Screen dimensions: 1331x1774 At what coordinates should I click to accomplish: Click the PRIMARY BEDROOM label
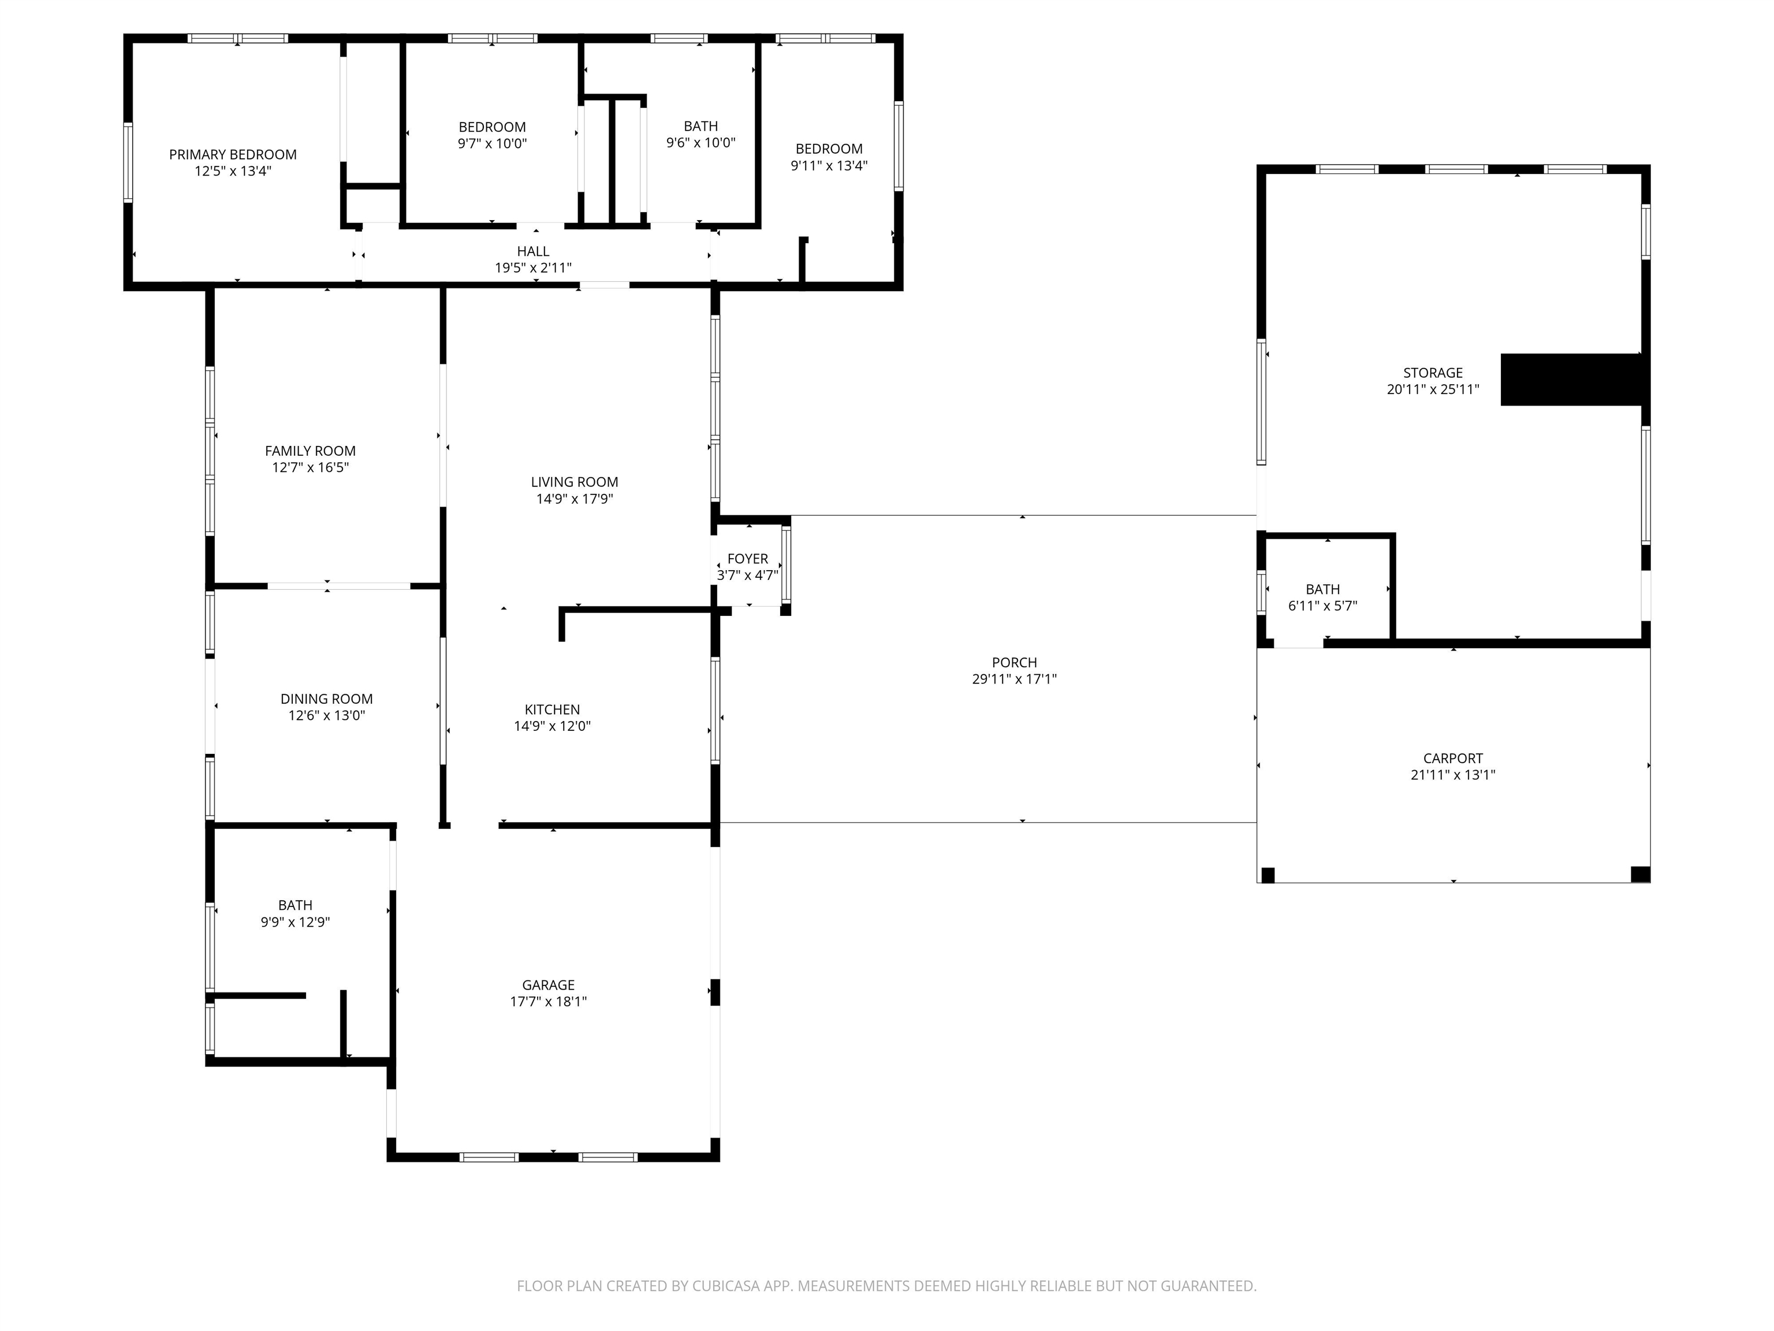click(x=233, y=154)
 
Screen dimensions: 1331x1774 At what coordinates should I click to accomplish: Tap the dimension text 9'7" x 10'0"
click(x=491, y=144)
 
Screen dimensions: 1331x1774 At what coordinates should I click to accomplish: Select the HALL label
click(x=532, y=251)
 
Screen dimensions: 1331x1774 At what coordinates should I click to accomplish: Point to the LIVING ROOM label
click(x=574, y=481)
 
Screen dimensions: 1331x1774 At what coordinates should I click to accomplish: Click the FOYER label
click(x=747, y=559)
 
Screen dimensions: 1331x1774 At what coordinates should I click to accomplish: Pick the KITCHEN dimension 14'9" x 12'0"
click(x=551, y=726)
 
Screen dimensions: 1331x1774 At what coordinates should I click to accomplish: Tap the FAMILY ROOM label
click(x=310, y=451)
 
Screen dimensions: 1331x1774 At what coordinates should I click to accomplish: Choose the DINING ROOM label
click(x=326, y=699)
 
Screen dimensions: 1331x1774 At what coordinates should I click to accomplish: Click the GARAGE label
click(x=548, y=984)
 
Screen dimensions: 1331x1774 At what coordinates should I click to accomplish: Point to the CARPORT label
click(x=1452, y=758)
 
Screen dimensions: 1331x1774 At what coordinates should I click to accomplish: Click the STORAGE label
click(x=1432, y=372)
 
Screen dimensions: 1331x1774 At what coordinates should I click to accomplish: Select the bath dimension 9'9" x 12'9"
click(x=295, y=922)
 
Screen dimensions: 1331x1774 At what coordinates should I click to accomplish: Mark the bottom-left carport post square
click(x=1267, y=875)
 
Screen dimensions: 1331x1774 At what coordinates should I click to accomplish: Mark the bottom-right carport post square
click(x=1640, y=875)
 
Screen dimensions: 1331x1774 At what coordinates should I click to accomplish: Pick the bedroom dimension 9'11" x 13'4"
click(x=829, y=165)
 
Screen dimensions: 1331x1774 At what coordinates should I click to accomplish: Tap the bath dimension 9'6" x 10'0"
click(x=700, y=143)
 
